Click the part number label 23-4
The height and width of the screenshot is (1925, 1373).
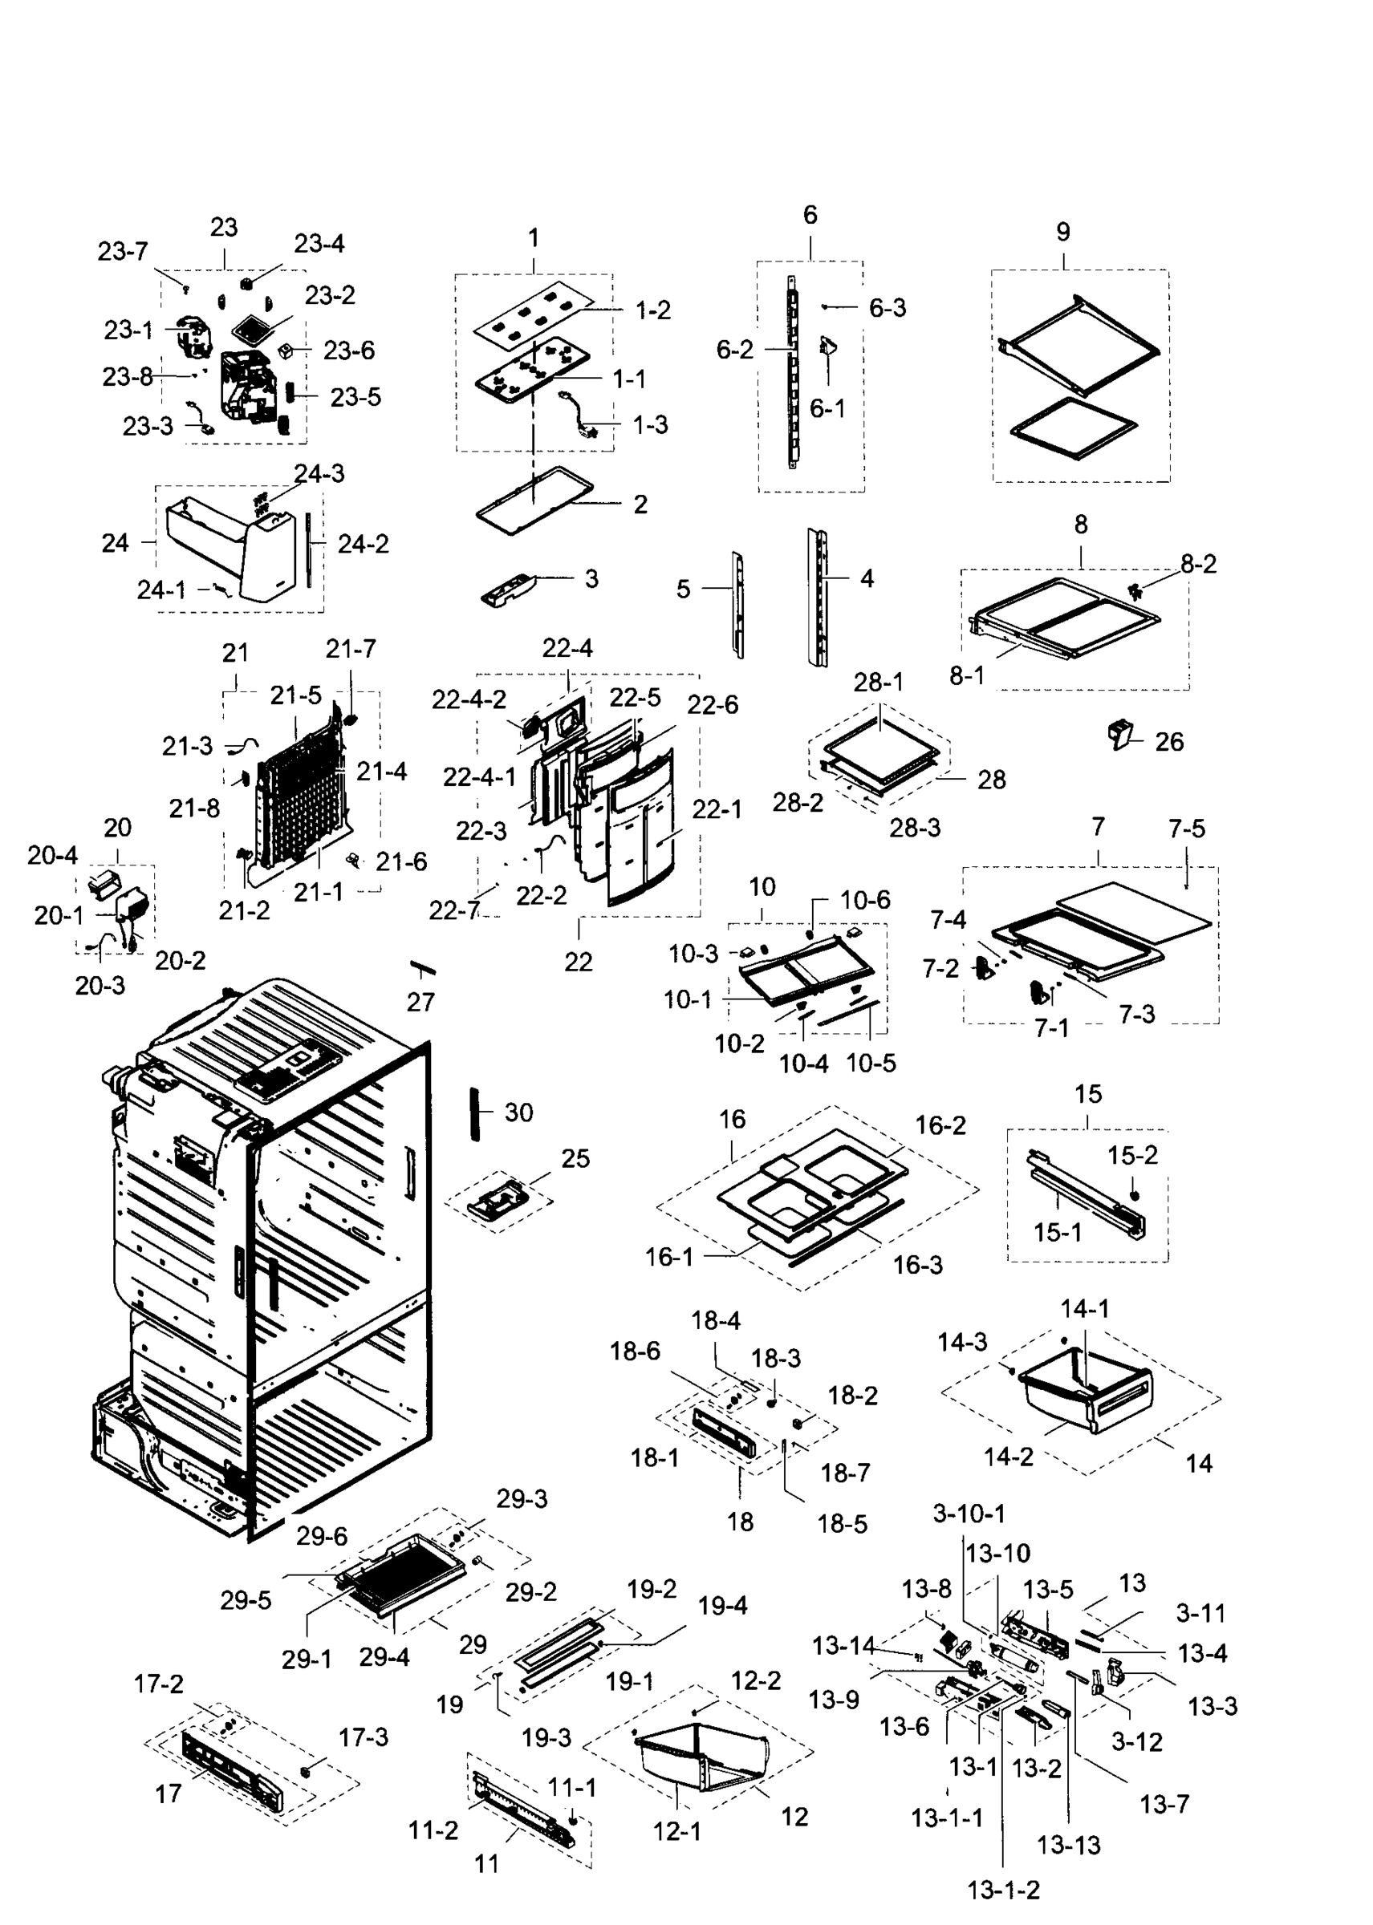tap(319, 243)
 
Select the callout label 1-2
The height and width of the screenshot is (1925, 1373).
tap(652, 310)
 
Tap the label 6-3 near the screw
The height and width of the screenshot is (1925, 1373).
tap(887, 307)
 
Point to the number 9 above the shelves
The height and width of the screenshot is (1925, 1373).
tap(1062, 232)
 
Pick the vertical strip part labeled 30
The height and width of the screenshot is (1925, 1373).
tap(476, 1114)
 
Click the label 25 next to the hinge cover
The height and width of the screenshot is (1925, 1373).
tap(575, 1158)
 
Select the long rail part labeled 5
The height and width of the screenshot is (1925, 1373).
tap(737, 604)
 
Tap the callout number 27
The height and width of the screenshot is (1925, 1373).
tap(420, 1003)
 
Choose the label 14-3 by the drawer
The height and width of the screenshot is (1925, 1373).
tap(962, 1342)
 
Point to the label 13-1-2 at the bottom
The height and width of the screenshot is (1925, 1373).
tap(1004, 1891)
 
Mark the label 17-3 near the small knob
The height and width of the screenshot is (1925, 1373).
tap(364, 1737)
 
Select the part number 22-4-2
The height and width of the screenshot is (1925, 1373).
tap(469, 699)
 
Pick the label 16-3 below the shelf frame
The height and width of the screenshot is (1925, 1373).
tap(917, 1265)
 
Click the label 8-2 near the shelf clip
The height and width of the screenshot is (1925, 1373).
tap(1198, 564)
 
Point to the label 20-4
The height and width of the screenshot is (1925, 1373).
tap(52, 855)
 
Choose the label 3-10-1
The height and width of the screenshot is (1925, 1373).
tap(969, 1514)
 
